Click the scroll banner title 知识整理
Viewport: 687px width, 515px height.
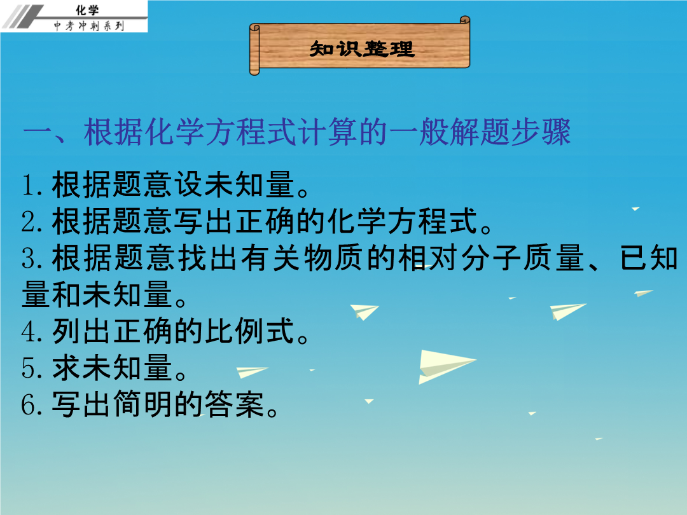(361, 48)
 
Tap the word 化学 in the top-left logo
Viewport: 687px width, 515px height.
(87, 10)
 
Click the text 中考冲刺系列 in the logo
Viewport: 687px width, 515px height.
(89, 26)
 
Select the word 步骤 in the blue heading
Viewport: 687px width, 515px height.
(541, 132)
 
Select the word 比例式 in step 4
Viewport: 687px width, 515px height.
(249, 331)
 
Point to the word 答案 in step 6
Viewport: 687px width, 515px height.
(234, 404)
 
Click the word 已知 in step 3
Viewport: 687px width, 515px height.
(648, 258)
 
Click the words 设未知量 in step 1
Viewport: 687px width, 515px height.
(234, 185)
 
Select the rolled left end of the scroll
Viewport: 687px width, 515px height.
(254, 50)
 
